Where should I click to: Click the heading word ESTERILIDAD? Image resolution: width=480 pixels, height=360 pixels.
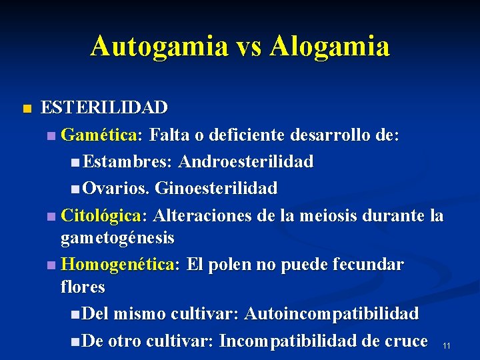click(105, 107)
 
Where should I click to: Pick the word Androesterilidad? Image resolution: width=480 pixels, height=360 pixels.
click(247, 162)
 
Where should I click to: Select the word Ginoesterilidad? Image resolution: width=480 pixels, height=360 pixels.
click(216, 189)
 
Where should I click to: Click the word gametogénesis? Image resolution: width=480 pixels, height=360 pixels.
click(117, 237)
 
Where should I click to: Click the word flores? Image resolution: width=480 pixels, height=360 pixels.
click(83, 287)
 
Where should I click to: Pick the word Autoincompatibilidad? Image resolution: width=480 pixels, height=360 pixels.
click(332, 313)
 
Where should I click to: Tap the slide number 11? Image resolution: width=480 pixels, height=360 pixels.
click(447, 345)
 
